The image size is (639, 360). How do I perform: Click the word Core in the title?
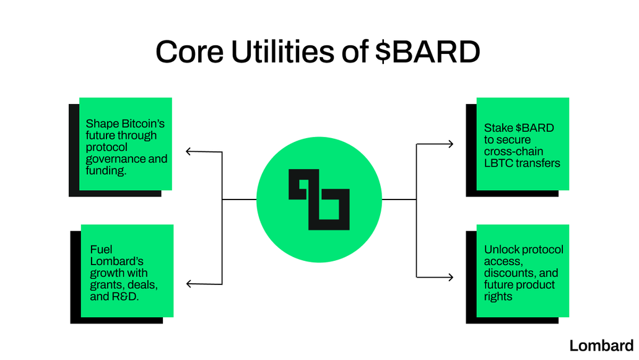[189, 53]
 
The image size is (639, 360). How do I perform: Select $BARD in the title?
[427, 53]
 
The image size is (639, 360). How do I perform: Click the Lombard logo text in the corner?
[601, 346]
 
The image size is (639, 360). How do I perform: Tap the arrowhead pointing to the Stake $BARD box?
[450, 144]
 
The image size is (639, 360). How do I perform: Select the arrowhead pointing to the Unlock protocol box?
[450, 277]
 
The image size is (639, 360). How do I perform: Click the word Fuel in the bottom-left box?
[102, 250]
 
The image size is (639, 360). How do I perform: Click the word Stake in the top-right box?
[498, 128]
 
